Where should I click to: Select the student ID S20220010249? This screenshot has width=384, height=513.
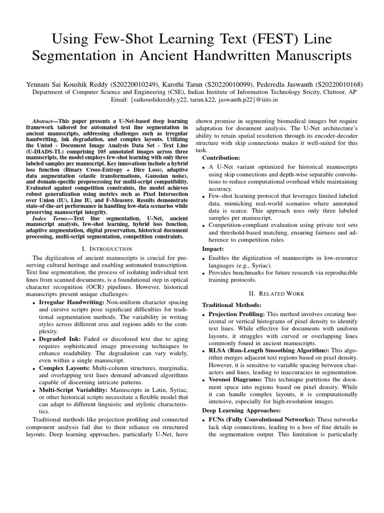[x=134, y=84]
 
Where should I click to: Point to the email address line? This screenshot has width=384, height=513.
[x=192, y=100]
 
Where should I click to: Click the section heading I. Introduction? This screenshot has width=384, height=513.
[x=106, y=248]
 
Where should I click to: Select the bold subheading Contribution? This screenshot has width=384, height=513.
[x=220, y=157]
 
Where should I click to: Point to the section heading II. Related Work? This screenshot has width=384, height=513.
[x=276, y=293]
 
